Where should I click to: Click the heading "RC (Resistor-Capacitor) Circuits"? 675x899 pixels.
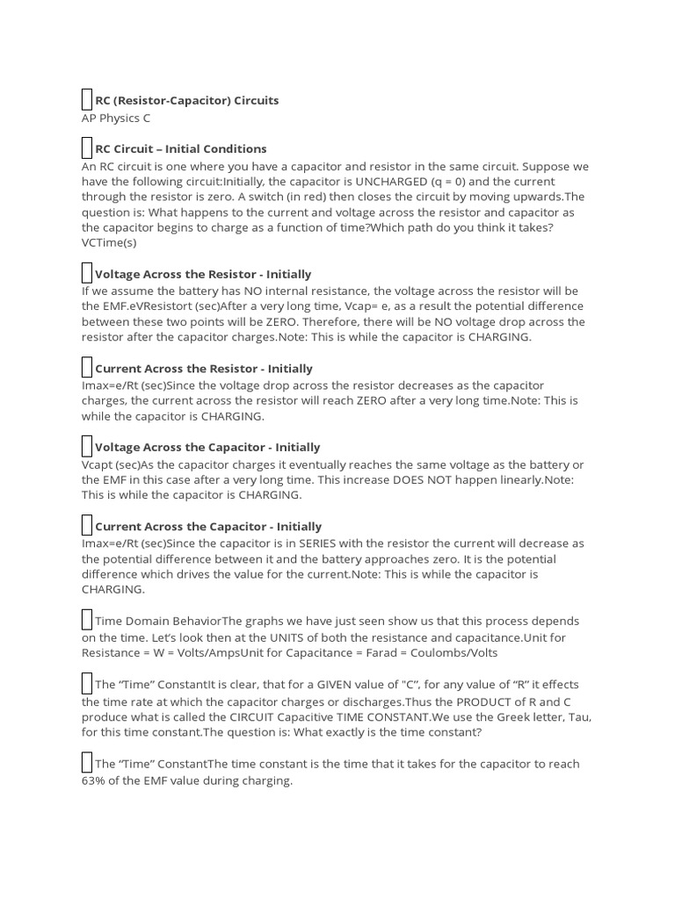(186, 100)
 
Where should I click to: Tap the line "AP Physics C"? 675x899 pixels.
(116, 118)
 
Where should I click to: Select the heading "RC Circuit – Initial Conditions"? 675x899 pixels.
(180, 148)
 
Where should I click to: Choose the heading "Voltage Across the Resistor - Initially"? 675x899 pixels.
(202, 274)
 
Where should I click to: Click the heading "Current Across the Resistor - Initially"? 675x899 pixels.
(203, 369)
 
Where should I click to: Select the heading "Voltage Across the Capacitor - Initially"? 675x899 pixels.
(207, 447)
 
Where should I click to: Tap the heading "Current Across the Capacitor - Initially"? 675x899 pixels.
(207, 527)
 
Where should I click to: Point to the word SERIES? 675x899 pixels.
(310, 543)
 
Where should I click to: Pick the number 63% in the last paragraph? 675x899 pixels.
(95, 780)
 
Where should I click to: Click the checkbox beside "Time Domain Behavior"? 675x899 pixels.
(86, 621)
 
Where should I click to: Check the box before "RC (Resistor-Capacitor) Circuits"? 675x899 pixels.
(86, 100)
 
